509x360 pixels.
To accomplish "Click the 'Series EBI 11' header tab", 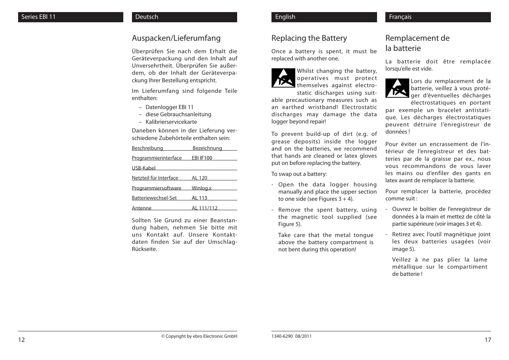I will [38, 17].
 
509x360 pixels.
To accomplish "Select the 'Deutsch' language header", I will [147, 17].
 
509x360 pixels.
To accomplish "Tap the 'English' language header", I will [285, 17].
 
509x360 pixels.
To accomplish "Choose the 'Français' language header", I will [400, 17].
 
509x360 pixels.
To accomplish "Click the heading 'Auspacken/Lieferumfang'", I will [176, 38].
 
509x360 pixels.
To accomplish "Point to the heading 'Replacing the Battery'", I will [309, 38].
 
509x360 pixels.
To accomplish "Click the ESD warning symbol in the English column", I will [283, 78].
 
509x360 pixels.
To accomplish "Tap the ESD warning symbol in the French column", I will [397, 88].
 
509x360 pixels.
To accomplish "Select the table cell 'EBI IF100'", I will [202, 158].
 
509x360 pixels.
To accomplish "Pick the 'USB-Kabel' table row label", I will [144, 168].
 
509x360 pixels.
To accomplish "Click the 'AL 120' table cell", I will [199, 178].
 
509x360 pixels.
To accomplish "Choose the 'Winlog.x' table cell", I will [201, 188].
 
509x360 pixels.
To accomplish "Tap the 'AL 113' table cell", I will [199, 198].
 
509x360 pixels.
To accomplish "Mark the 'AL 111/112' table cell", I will [204, 208].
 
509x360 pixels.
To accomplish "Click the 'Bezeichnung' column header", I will [207, 148].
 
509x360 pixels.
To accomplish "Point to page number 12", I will [21, 340].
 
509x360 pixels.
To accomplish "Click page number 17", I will [488, 340].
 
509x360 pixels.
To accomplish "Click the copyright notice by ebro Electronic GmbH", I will [199, 336].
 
